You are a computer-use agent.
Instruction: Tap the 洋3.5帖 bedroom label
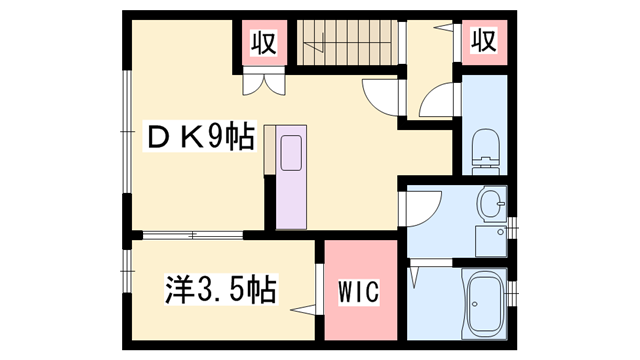(x=220, y=292)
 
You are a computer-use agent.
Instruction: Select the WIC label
(x=355, y=294)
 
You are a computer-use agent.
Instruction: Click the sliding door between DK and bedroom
(x=190, y=236)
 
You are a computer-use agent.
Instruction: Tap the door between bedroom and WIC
(x=318, y=290)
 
